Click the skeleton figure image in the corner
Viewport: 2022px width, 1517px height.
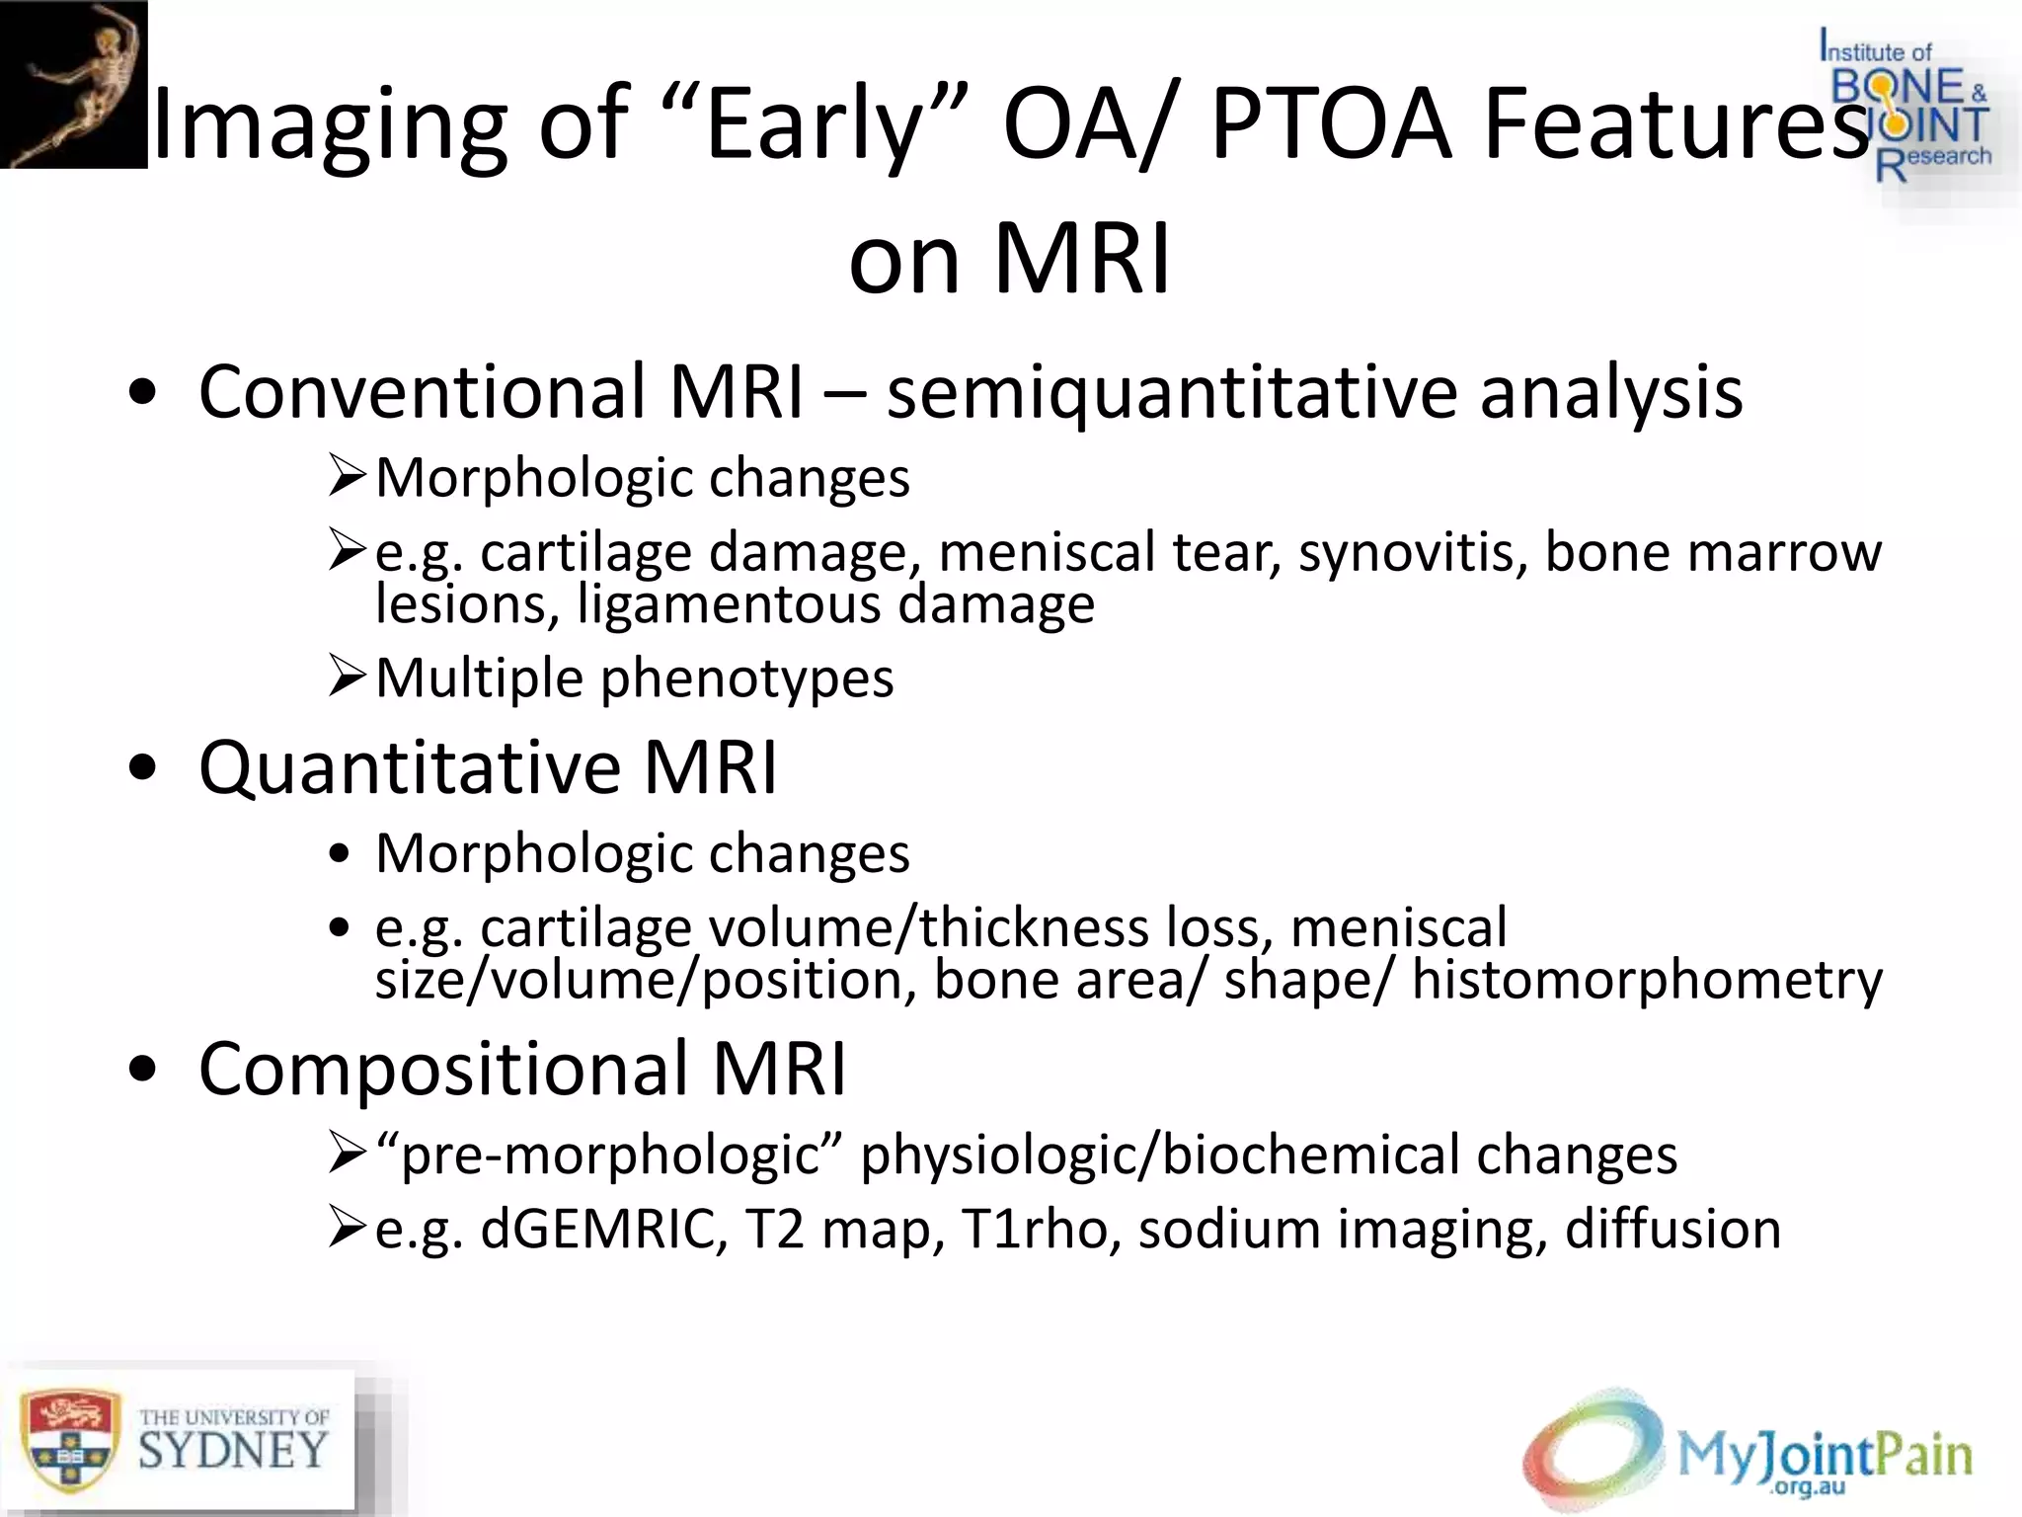click(x=73, y=84)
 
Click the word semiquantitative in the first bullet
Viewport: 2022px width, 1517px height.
click(x=1171, y=393)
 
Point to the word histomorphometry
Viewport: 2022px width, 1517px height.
click(x=1646, y=981)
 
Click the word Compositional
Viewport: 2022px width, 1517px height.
click(x=443, y=1069)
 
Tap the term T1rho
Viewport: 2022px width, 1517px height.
click(x=1041, y=1231)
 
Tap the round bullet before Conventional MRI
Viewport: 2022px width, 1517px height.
click(x=142, y=393)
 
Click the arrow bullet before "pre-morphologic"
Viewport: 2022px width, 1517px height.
click(x=348, y=1154)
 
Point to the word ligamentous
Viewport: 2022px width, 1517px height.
click(x=729, y=604)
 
